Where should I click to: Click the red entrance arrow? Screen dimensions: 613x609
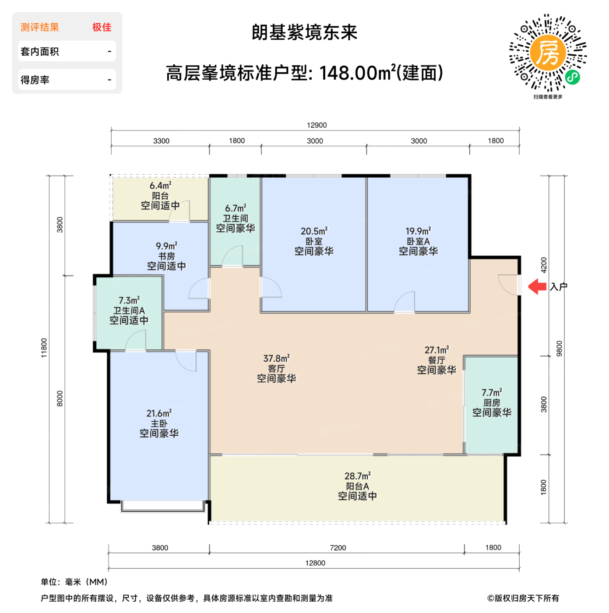[x=537, y=287]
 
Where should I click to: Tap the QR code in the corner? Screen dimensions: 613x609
[x=548, y=53]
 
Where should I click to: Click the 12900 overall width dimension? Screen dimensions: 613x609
[x=317, y=125]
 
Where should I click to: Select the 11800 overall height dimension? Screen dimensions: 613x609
[x=44, y=348]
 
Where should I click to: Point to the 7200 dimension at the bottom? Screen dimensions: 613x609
[x=338, y=548]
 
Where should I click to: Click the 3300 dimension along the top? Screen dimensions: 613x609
[x=161, y=141]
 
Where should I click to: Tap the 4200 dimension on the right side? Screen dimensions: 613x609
[x=544, y=265]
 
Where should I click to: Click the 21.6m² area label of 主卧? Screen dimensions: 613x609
[x=159, y=413]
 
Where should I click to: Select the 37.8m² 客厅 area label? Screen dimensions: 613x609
[x=276, y=359]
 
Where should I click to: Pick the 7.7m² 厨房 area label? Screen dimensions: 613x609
[x=492, y=392]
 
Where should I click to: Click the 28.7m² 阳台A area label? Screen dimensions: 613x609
[x=357, y=476]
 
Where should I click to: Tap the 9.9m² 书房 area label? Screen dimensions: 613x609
[x=166, y=246]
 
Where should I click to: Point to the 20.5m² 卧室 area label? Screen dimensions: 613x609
[x=314, y=231]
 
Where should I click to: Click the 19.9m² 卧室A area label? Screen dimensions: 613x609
[x=418, y=231]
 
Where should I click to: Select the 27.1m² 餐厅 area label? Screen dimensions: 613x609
[x=437, y=350]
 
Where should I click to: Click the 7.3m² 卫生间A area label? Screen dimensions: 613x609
[x=129, y=300]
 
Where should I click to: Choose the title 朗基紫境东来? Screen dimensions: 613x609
[x=305, y=33]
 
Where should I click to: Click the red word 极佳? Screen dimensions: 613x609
[x=102, y=28]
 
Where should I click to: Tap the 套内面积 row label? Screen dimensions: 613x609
[x=40, y=52]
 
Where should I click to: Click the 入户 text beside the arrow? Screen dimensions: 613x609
[x=559, y=287]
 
